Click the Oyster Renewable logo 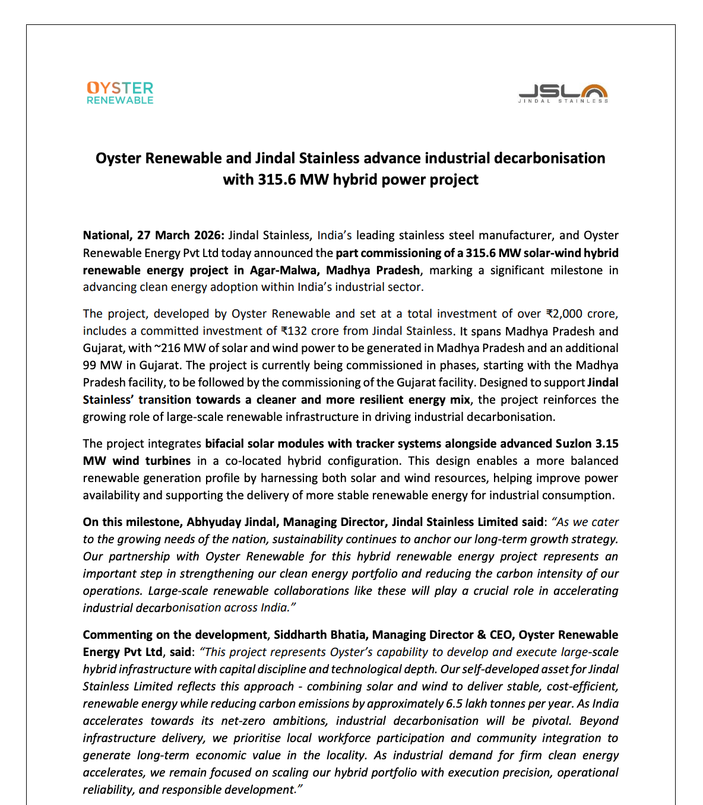pos(120,93)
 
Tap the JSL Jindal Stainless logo pos(563,94)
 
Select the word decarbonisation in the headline pos(550,158)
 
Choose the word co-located pos(252,461)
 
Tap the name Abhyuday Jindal pos(232,522)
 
